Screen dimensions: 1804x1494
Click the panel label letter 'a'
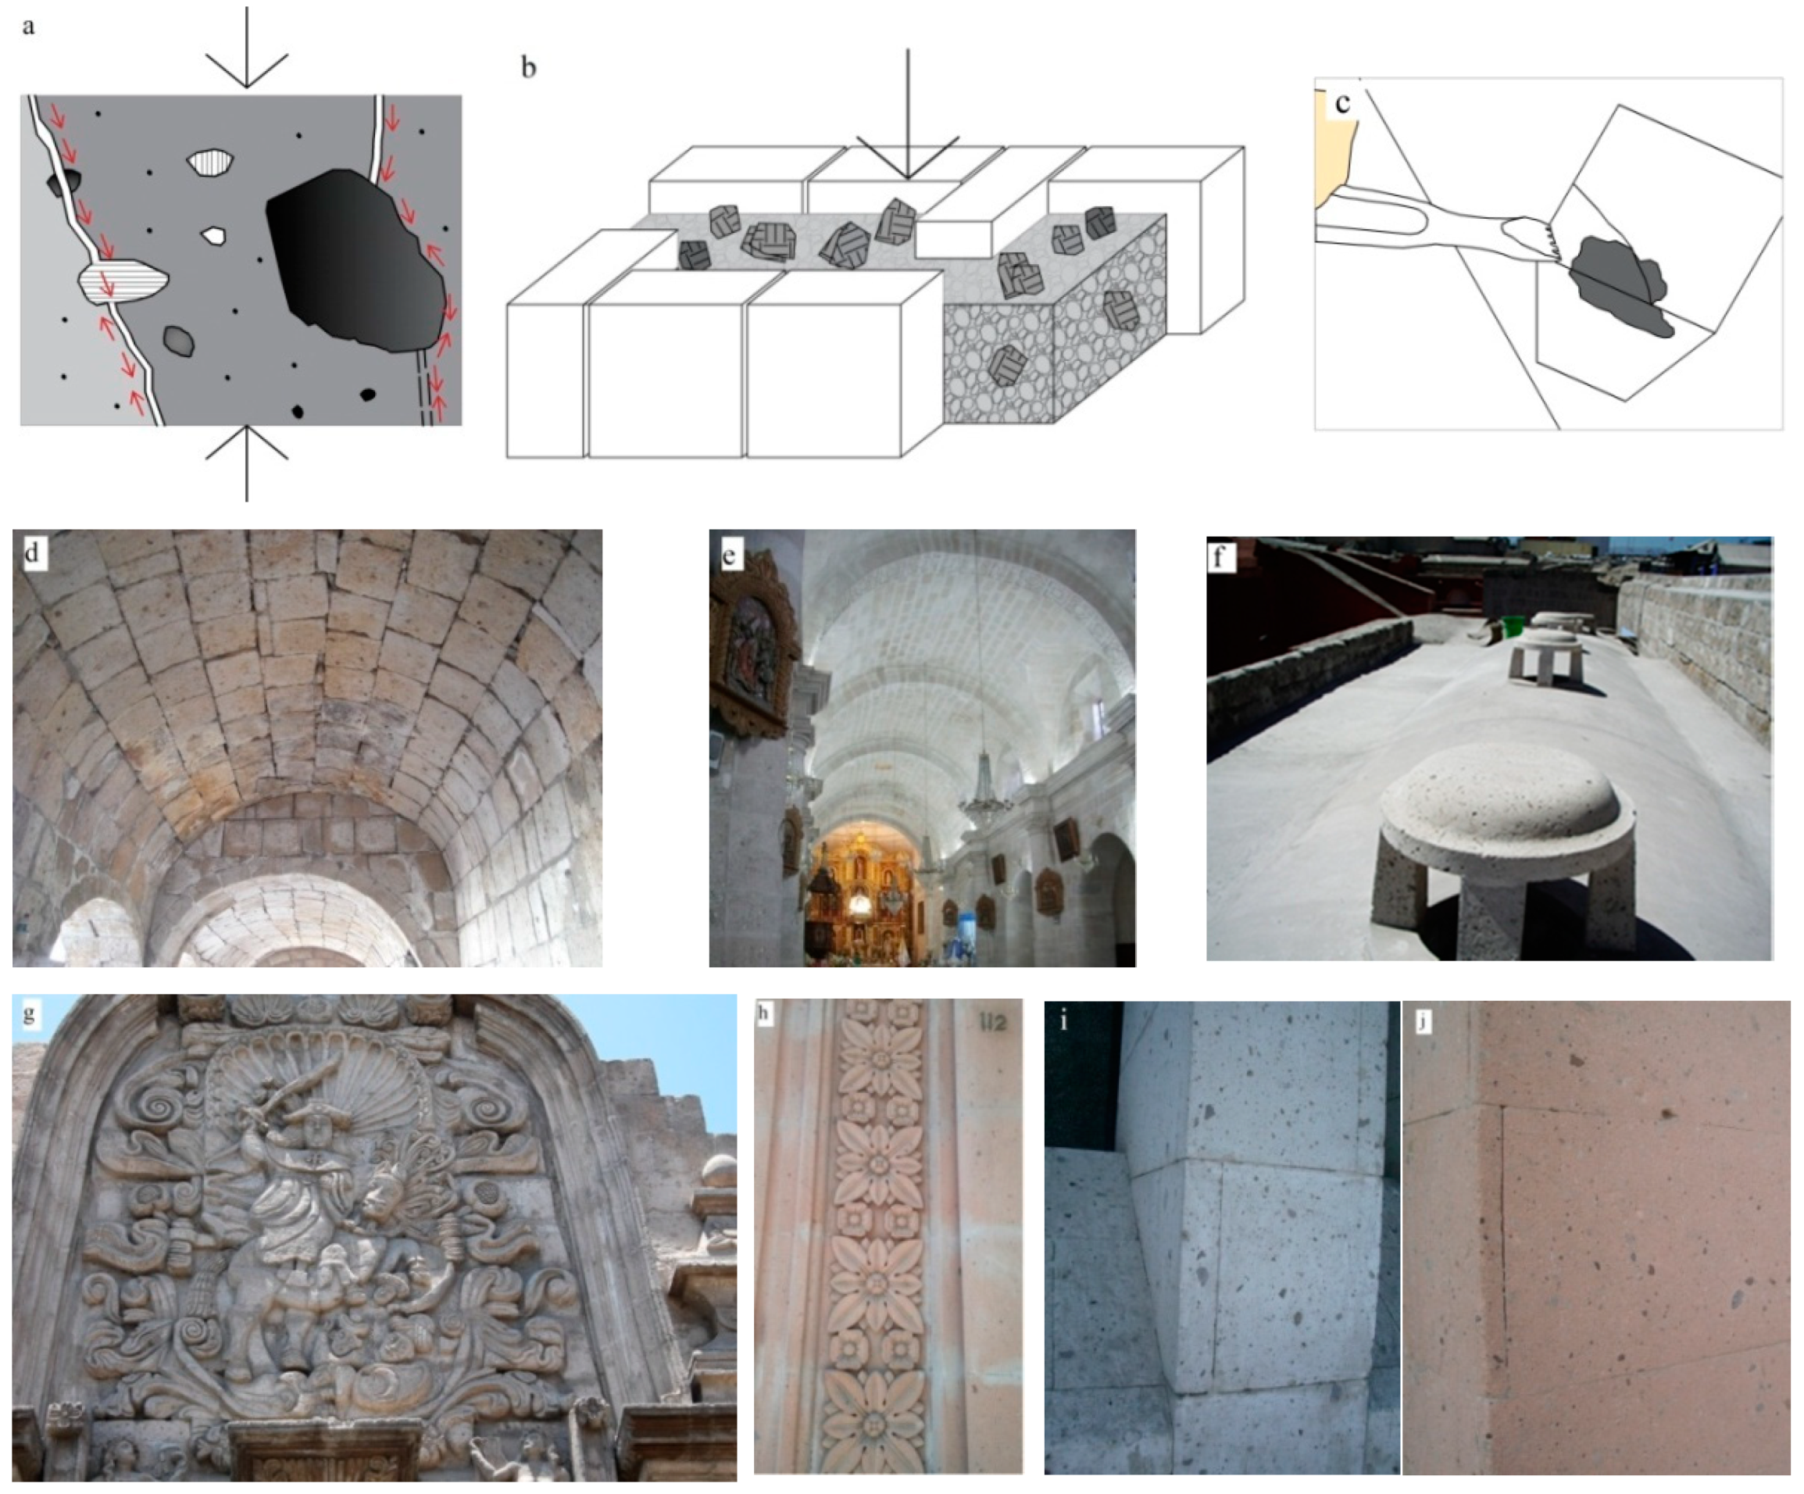[x=28, y=27]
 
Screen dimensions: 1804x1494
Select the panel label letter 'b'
[x=529, y=67]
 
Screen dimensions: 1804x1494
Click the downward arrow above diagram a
[x=247, y=47]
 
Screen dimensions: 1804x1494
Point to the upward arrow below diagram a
[x=247, y=463]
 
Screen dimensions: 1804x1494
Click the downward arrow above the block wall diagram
[x=907, y=114]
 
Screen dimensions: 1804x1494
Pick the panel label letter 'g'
[x=29, y=1013]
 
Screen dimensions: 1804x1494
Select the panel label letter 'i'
[x=1064, y=1020]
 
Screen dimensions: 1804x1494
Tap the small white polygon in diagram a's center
[x=213, y=234]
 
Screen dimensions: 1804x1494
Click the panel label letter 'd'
[x=32, y=552]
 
